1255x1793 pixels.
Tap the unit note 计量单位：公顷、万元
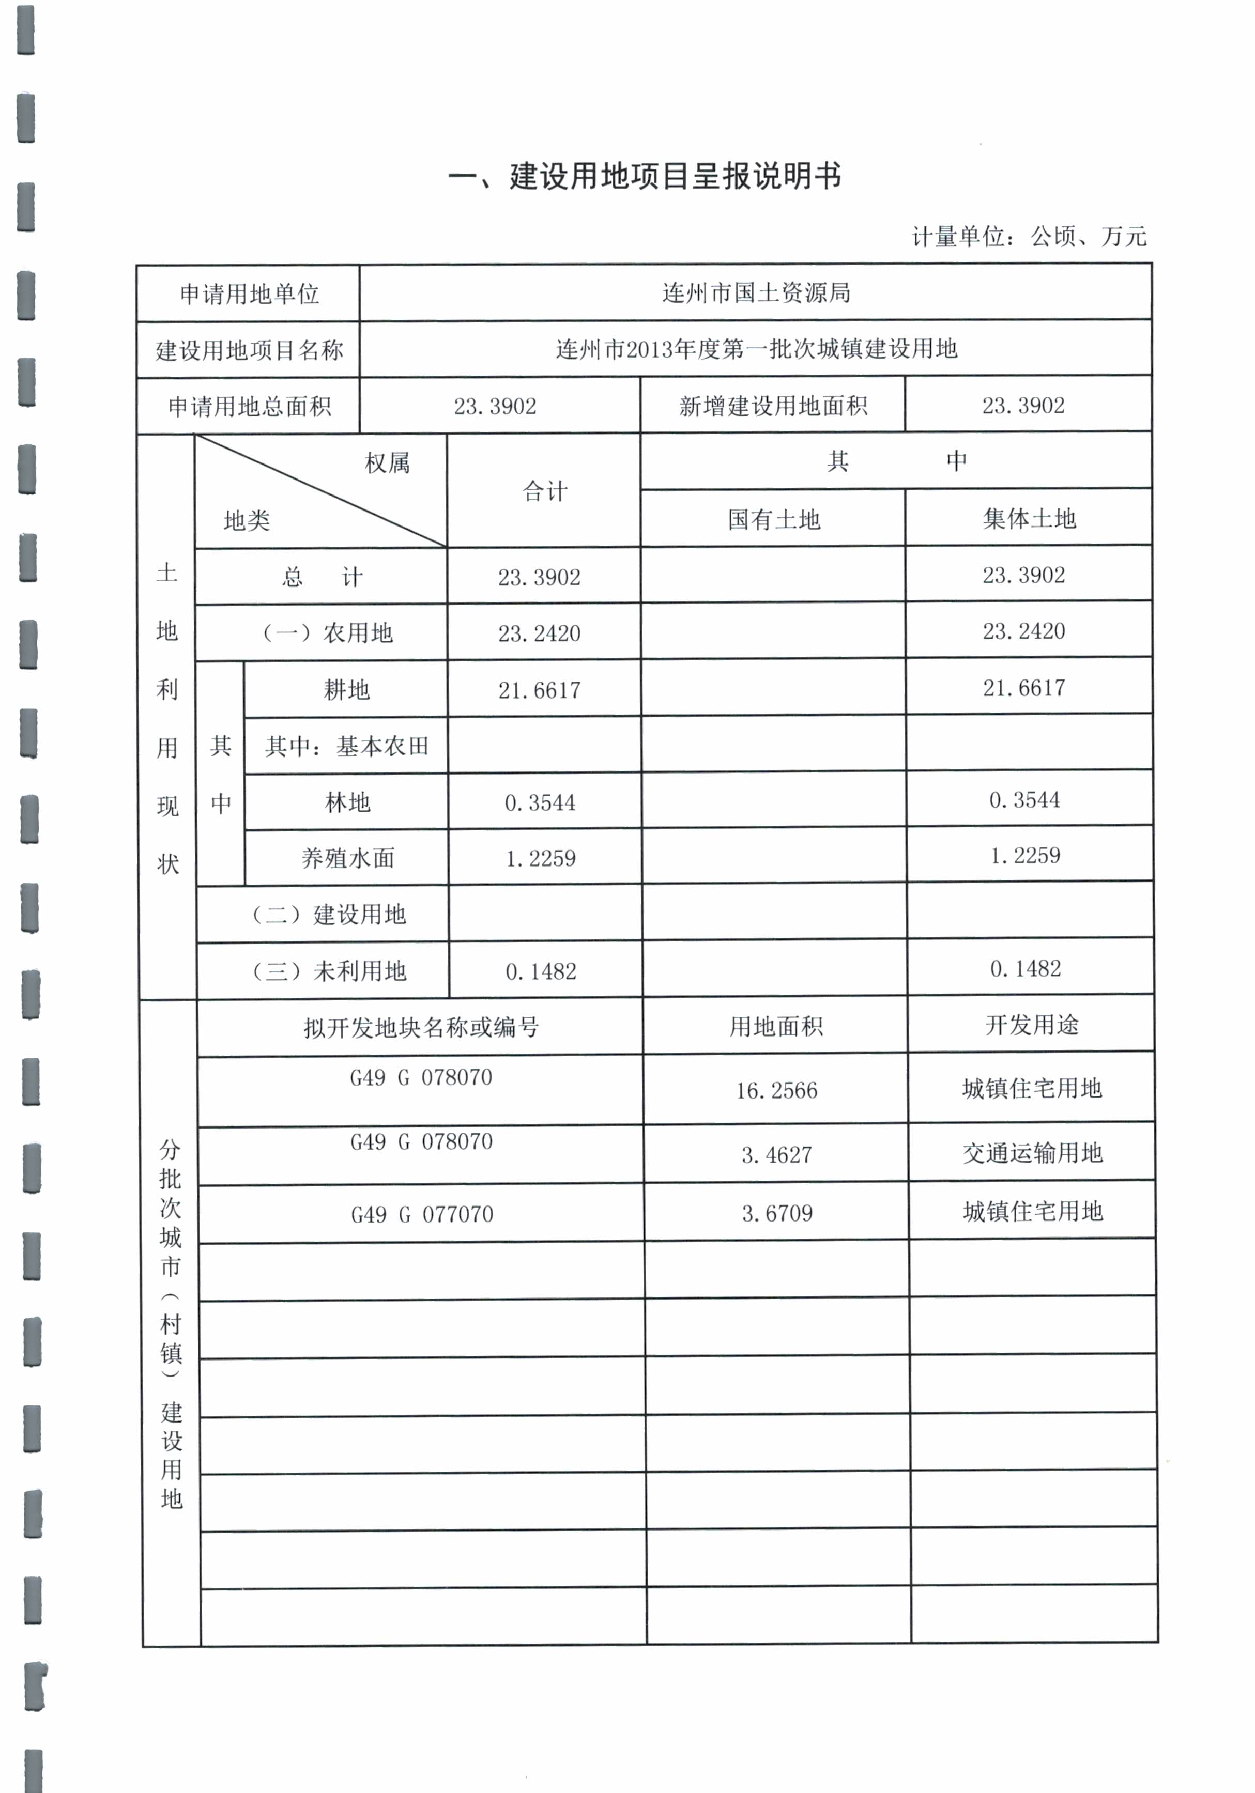point(1029,236)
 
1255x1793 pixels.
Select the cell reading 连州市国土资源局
point(755,293)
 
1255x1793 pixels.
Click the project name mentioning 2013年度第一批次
point(755,349)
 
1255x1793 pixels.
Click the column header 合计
point(544,491)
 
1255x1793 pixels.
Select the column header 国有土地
point(773,519)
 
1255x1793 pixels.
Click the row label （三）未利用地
point(328,971)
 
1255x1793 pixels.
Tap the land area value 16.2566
point(776,1091)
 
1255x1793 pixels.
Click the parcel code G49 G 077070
point(422,1214)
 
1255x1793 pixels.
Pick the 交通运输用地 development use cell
point(1032,1153)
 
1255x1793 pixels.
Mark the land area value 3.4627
point(776,1155)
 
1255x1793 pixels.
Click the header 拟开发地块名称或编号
point(421,1028)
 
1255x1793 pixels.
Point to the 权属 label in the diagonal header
point(387,463)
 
